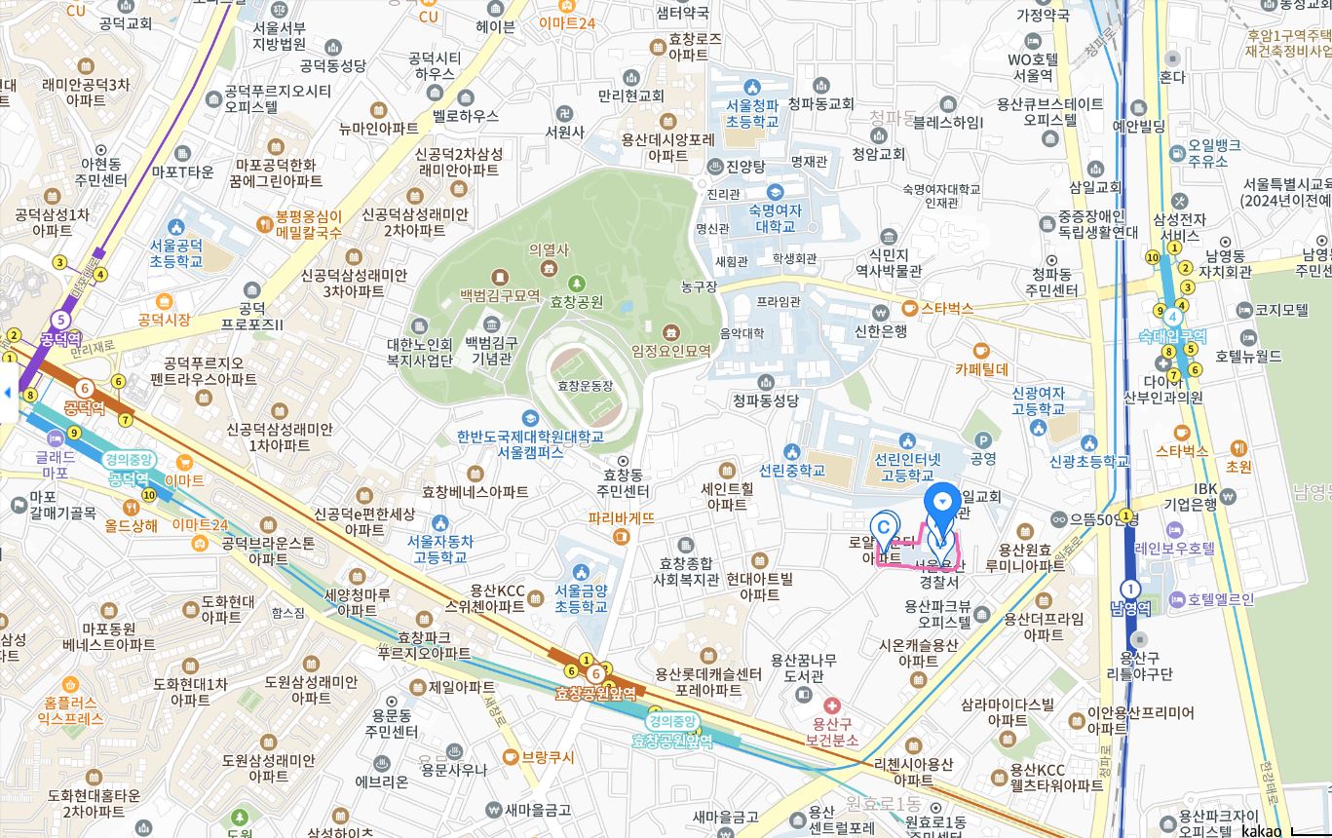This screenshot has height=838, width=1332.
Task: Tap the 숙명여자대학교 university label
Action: click(775, 218)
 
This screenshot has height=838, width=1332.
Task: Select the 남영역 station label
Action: click(1130, 608)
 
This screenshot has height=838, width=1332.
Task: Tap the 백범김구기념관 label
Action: click(491, 350)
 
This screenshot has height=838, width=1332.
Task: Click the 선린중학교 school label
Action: click(792, 470)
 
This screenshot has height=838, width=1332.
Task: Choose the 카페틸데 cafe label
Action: click(981, 369)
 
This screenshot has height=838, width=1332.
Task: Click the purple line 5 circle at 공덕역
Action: click(62, 319)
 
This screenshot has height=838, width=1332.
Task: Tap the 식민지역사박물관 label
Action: click(888, 262)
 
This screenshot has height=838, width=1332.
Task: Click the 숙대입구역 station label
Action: click(1172, 336)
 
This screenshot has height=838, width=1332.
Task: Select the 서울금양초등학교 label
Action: click(581, 597)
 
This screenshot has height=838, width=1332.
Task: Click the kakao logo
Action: click(1262, 830)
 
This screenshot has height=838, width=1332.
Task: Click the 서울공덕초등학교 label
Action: click(176, 253)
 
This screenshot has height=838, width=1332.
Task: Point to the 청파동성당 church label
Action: click(765, 400)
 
